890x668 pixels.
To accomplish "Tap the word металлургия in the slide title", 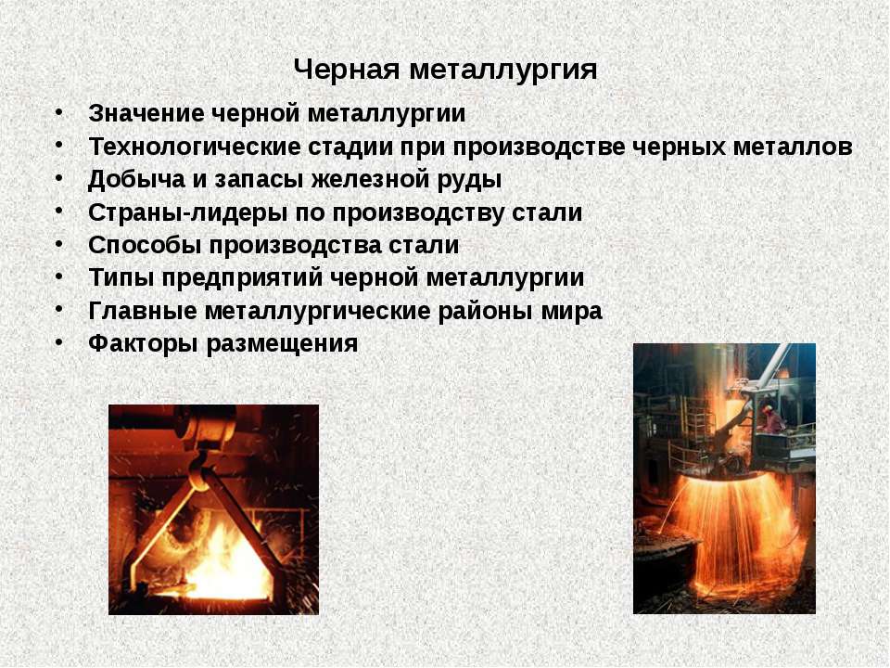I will point(502,70).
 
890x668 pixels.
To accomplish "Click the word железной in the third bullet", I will point(380,180).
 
